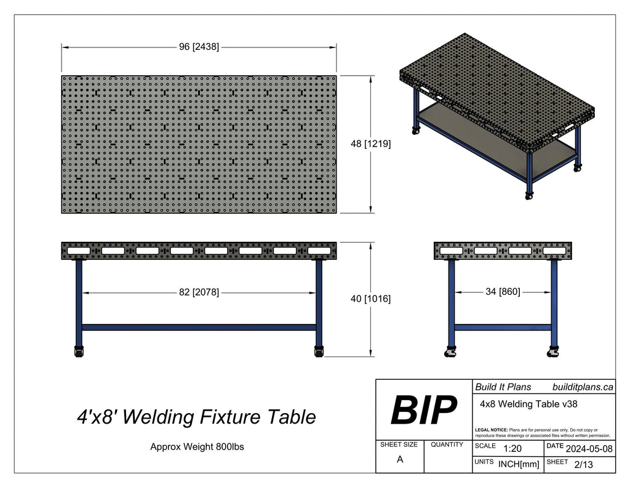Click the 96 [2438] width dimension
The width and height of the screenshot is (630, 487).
tap(199, 47)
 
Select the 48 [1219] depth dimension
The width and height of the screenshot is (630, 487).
tap(370, 143)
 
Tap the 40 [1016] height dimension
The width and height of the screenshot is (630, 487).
tap(370, 299)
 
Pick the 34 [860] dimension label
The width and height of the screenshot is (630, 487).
tap(503, 292)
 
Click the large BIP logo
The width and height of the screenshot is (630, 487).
tap(424, 410)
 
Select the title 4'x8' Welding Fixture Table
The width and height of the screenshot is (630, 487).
tap(196, 417)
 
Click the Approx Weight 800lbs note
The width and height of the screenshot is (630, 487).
tap(197, 447)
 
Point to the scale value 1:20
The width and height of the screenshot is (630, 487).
tap(512, 449)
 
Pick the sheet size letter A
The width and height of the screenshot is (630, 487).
tap(400, 459)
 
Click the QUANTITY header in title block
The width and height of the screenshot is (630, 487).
tap(447, 445)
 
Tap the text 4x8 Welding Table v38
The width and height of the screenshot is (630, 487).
tap(528, 404)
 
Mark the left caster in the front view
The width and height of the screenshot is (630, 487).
tap(78, 352)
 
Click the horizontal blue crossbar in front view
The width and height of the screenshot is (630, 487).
tap(199, 327)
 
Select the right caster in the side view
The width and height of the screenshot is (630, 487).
tap(552, 353)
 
